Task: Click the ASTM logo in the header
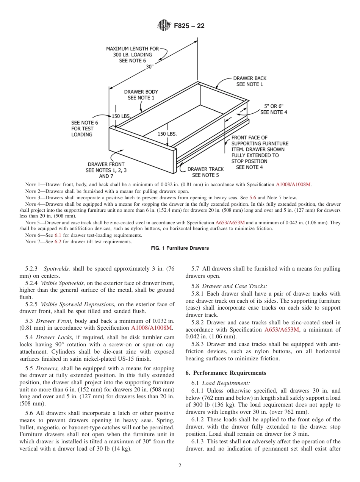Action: (x=164, y=26)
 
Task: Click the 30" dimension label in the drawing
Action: (x=150, y=67)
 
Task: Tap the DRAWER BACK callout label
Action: (x=249, y=81)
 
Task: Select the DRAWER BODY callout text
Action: (x=141, y=95)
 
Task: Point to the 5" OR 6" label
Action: (x=274, y=109)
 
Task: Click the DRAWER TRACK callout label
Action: (x=205, y=172)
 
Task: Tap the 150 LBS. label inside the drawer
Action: (x=167, y=134)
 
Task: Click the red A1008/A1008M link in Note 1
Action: (x=293, y=185)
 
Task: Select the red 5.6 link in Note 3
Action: (x=252, y=198)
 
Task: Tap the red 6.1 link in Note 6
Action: (x=58, y=235)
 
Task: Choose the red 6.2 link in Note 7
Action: (x=58, y=242)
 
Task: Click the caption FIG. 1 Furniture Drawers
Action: (x=180, y=248)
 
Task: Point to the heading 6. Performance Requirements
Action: (x=225, y=373)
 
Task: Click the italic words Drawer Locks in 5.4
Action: (x=56, y=337)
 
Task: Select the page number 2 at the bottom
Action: (x=180, y=466)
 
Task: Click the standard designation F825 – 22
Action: (x=189, y=26)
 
